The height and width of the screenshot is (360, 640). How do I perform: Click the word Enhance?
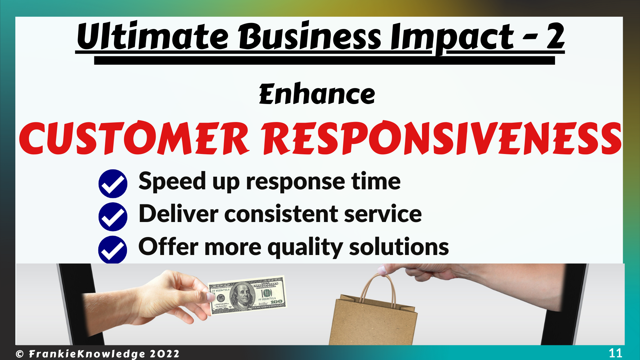point(317,94)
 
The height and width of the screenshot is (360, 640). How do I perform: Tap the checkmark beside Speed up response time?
point(113,184)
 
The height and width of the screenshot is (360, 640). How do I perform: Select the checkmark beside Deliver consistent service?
point(113,217)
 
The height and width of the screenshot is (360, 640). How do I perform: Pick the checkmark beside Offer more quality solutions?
point(113,250)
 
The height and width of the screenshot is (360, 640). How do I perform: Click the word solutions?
point(399,247)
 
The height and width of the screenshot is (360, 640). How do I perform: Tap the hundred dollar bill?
point(247,295)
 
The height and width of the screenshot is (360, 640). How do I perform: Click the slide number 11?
point(615,353)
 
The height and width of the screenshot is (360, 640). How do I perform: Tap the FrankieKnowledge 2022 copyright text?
point(98,354)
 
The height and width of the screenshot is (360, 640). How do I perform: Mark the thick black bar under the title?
point(324,60)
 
